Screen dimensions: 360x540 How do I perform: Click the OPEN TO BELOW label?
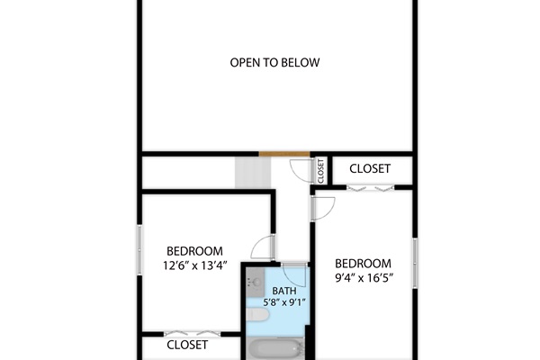tap(275, 63)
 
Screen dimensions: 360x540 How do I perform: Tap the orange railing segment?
tap(284, 154)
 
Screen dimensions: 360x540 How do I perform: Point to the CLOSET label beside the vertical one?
tap(370, 169)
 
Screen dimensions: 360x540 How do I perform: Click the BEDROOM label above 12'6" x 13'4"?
tap(194, 251)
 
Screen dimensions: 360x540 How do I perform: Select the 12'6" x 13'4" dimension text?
tap(194, 265)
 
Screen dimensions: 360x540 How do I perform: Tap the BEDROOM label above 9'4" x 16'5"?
tap(364, 264)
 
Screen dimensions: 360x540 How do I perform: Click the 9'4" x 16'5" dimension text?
tap(364, 278)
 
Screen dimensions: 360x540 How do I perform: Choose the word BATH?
tap(284, 291)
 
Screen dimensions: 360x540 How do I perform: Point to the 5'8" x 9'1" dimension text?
tap(284, 302)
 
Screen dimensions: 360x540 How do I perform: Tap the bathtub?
tap(276, 348)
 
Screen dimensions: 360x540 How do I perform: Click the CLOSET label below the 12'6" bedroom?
tap(188, 345)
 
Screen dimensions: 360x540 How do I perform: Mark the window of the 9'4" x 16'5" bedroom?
tap(415, 262)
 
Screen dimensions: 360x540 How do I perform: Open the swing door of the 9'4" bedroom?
tap(322, 206)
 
